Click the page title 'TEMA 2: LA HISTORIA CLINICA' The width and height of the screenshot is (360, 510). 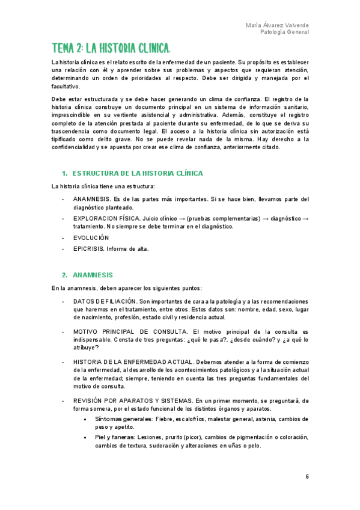click(x=111, y=48)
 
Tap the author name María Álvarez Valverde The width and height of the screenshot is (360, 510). click(x=278, y=25)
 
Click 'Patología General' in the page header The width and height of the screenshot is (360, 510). click(x=285, y=32)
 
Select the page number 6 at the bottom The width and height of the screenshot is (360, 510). click(x=307, y=476)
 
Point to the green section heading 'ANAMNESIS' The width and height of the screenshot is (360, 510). click(x=97, y=275)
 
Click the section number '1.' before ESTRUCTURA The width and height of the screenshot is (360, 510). click(x=66, y=173)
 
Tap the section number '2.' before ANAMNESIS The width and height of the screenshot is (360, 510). click(x=66, y=275)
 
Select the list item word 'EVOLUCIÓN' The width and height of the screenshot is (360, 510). click(x=91, y=238)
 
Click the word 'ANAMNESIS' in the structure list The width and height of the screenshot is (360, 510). click(x=91, y=199)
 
